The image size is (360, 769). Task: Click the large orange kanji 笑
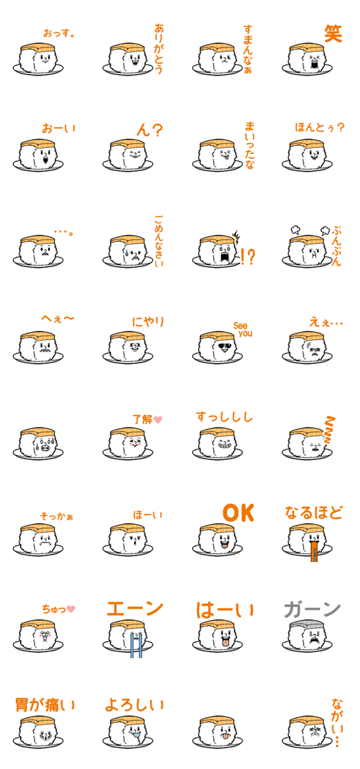333,33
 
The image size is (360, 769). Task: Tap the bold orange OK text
238,513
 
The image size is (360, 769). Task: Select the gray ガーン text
313,609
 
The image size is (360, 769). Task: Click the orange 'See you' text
243,329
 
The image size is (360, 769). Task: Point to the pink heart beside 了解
158,420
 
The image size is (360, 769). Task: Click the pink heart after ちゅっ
70,609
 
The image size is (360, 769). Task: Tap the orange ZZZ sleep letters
330,429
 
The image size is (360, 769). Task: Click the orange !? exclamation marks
248,256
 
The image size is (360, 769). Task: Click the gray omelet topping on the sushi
306,624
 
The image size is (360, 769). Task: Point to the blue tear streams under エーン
136,645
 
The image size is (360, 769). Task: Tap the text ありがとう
159,49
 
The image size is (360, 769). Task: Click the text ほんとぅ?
320,128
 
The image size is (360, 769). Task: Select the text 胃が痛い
45,705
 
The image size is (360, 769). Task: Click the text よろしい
134,705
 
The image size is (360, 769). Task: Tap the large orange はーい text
225,610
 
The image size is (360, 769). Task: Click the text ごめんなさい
159,241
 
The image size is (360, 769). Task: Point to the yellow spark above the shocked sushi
236,237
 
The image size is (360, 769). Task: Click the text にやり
148,322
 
